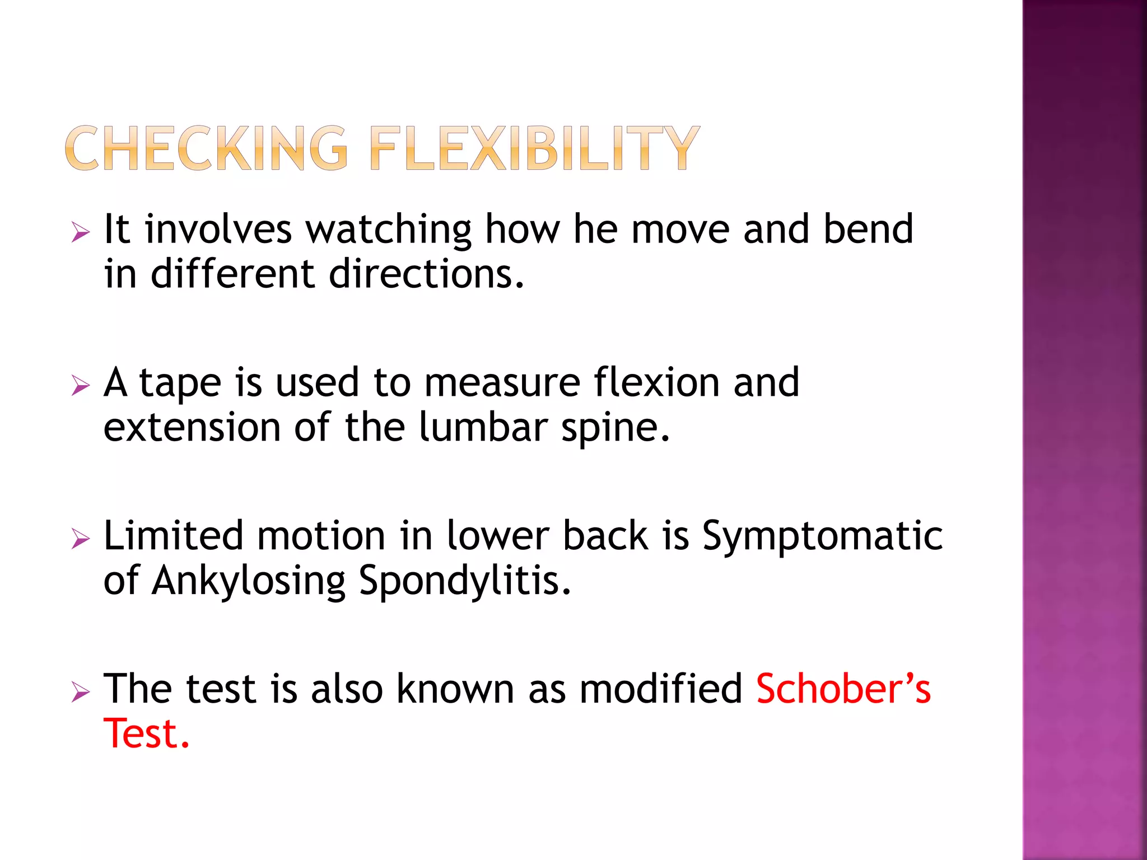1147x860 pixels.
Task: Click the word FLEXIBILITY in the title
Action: pos(534,148)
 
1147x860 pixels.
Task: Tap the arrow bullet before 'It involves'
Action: pos(81,231)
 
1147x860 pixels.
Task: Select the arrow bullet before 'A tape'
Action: pos(81,385)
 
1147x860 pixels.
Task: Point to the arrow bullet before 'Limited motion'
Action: pos(81,539)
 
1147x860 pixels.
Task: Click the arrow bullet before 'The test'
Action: pos(81,692)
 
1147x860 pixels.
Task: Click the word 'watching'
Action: pos(388,230)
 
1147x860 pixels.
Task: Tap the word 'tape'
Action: pos(180,384)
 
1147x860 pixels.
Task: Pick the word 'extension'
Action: pos(192,428)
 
